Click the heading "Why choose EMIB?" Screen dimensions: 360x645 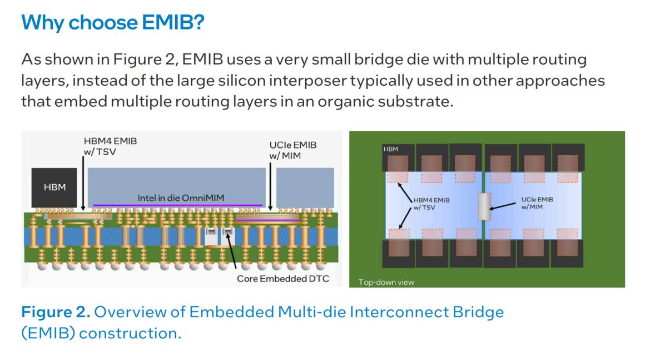[112, 23]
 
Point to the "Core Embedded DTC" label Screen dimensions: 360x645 [282, 278]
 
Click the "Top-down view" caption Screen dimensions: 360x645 [386, 282]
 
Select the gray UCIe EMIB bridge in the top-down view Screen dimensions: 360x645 [484, 206]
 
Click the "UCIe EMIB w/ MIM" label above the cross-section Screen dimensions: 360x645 [293, 150]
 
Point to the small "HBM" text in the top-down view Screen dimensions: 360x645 [390, 149]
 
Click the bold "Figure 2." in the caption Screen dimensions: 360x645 [56, 312]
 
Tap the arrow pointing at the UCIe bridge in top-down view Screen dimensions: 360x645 [503, 208]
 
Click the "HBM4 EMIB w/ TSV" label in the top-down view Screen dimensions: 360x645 [432, 203]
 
